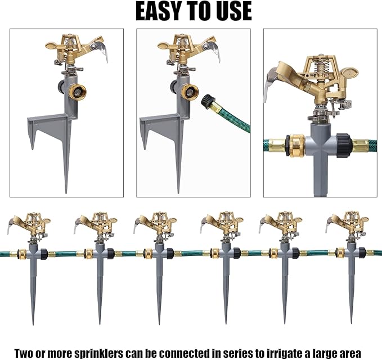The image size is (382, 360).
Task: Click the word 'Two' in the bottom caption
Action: point(25,353)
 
